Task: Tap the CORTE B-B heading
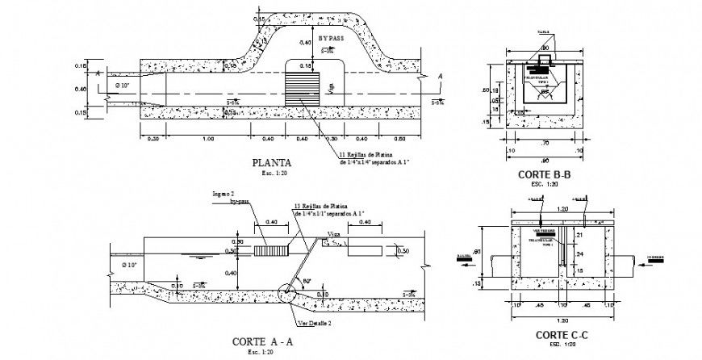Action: (546, 174)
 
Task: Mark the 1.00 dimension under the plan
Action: (207, 139)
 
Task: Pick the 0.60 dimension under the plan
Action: (403, 139)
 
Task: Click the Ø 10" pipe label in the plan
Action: (125, 85)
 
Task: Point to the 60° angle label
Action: (307, 281)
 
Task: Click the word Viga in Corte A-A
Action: (333, 235)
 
